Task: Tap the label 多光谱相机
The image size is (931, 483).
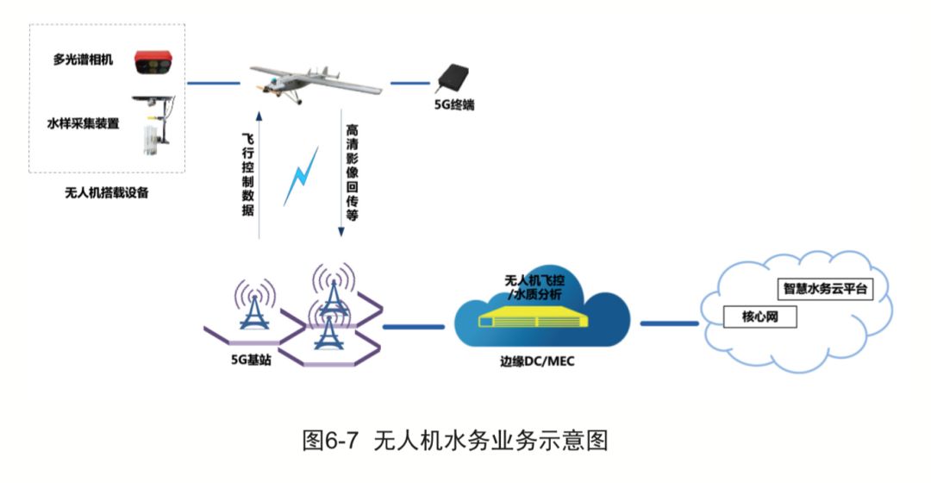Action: click(x=84, y=60)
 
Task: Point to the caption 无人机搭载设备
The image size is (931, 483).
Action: click(x=107, y=192)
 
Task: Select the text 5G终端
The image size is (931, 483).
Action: click(x=454, y=106)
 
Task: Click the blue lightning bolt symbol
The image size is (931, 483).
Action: click(x=301, y=177)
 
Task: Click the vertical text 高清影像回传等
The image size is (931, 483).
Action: click(x=352, y=172)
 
